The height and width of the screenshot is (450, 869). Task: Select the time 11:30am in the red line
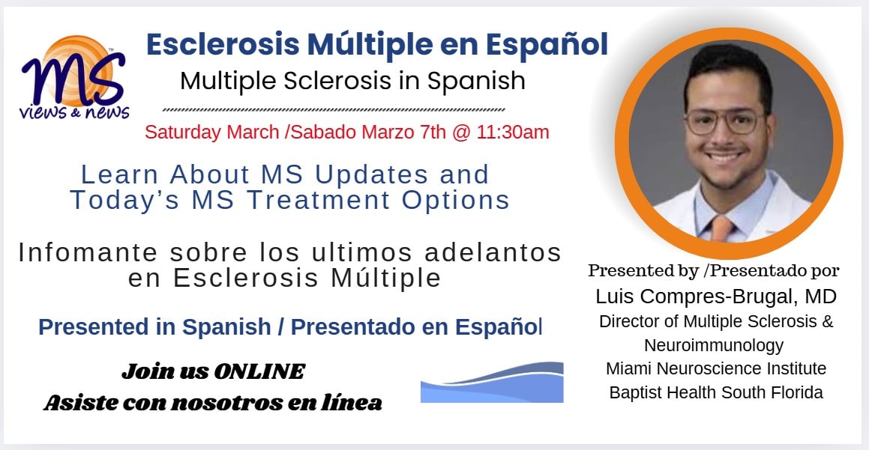coord(512,133)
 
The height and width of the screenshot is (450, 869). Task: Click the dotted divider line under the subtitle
coord(334,109)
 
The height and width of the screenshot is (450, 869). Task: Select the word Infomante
coord(88,253)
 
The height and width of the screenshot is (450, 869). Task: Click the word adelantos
coord(493,252)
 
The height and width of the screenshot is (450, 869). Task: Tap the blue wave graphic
coord(492,382)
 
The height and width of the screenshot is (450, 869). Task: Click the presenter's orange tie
coord(721,228)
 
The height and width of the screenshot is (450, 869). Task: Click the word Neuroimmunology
coord(714,345)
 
